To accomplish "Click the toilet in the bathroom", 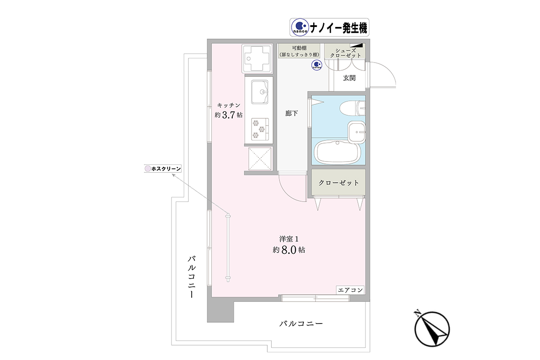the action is (352, 108).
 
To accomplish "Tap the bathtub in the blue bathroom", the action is (337, 152).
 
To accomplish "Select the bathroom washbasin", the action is (356, 132).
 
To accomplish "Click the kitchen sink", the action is (260, 92).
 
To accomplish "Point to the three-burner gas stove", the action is (260, 130).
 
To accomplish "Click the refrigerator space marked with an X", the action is (260, 159).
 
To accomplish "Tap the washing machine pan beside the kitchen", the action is (257, 58).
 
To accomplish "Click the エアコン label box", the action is (350, 290).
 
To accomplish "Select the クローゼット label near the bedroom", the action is (338, 183).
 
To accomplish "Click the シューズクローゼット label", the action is (346, 53).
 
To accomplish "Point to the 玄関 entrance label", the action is (349, 78).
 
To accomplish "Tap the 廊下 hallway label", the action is (291, 113).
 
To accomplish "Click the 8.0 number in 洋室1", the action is (288, 250).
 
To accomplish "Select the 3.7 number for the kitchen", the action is (228, 115).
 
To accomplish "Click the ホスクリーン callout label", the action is (163, 169).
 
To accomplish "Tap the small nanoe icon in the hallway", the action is (317, 65).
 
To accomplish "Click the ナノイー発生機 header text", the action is (338, 28).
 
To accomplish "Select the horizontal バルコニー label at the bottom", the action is (301, 324).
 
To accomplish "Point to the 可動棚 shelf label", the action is (299, 48).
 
